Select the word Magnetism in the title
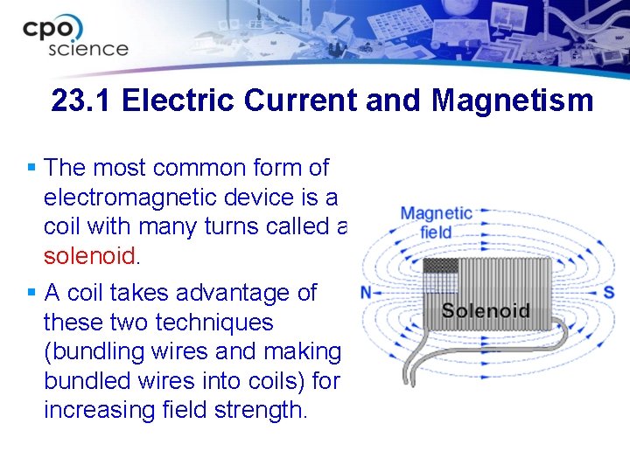pos(512,101)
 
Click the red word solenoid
pos(89,256)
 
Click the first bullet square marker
pos(31,167)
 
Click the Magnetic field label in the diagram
pos(436,222)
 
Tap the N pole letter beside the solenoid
pos(367,292)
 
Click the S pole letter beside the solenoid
pos(608,292)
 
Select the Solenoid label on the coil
pos(486,309)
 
